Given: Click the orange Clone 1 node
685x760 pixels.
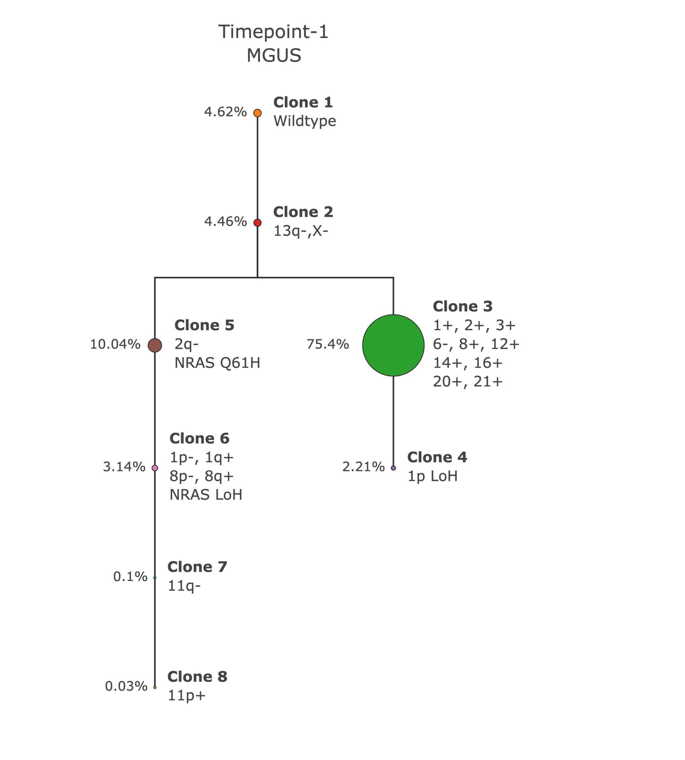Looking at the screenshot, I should pyautogui.click(x=257, y=113).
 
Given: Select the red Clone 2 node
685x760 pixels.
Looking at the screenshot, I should pyautogui.click(x=257, y=223).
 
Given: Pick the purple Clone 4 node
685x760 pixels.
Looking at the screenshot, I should pyautogui.click(x=393, y=468).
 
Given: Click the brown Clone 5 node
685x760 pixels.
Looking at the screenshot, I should pyautogui.click(x=155, y=345).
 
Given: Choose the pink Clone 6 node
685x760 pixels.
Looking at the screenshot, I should pyautogui.click(x=155, y=468).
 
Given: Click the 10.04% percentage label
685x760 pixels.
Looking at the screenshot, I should pyautogui.click(x=115, y=344).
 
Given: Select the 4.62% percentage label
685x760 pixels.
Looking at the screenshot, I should pyautogui.click(x=225, y=112).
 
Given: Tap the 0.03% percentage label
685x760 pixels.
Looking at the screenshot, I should pyautogui.click(x=126, y=686).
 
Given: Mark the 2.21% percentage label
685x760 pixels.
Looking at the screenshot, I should pyautogui.click(x=363, y=467).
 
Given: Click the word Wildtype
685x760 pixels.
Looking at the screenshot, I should pyautogui.click(x=304, y=121).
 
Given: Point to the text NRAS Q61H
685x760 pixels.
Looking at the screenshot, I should pyautogui.click(x=217, y=363).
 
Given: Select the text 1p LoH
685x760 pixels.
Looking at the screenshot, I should pyautogui.click(x=433, y=476).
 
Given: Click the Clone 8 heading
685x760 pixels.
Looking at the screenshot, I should pyautogui.click(x=197, y=677).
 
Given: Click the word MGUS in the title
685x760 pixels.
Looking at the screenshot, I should pyautogui.click(x=274, y=56).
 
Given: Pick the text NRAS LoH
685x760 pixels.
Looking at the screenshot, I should pyautogui.click(x=206, y=495).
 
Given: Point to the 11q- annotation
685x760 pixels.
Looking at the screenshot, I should pyautogui.click(x=184, y=586).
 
